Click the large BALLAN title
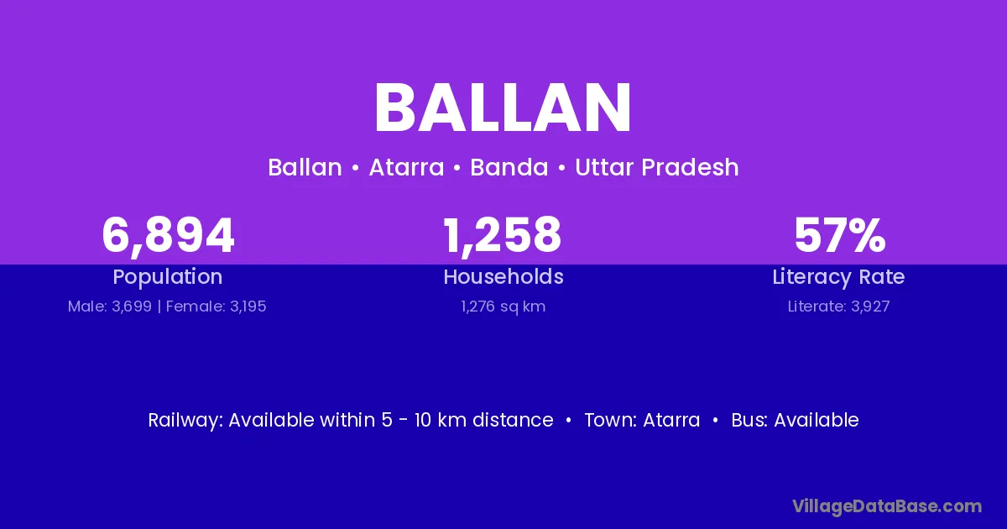pos(503,108)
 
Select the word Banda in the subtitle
pos(509,167)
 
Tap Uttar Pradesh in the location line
pos(657,167)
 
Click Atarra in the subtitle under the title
pos(406,168)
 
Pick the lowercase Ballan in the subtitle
pos(305,167)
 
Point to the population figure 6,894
pos(168,236)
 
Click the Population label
pos(168,277)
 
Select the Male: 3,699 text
pos(110,306)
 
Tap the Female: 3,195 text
pos(217,306)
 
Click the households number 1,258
pos(503,236)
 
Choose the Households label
pos(503,276)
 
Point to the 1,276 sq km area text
pos(503,306)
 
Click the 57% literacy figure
pos(840,236)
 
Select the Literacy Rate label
pos(838,277)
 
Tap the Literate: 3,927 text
pos(838,306)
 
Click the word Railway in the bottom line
pos(185,420)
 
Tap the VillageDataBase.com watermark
pos(887,507)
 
